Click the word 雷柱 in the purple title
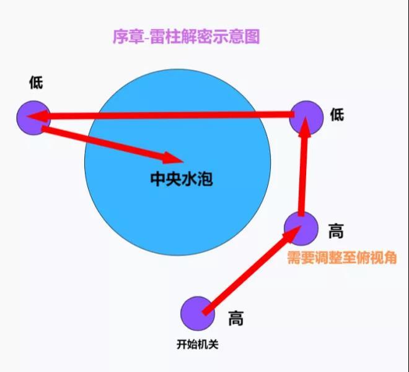(165, 37)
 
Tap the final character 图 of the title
(252, 37)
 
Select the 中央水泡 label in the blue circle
(182, 179)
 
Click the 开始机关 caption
(198, 344)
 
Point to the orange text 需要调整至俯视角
(342, 258)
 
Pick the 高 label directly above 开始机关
(236, 318)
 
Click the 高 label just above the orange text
(336, 231)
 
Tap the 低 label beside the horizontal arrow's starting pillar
(337, 115)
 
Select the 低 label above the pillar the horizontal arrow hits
(36, 82)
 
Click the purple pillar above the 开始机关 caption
(198, 314)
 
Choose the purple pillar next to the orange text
(301, 228)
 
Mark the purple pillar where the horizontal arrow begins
(307, 117)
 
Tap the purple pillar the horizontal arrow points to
(33, 118)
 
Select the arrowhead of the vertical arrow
(306, 126)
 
